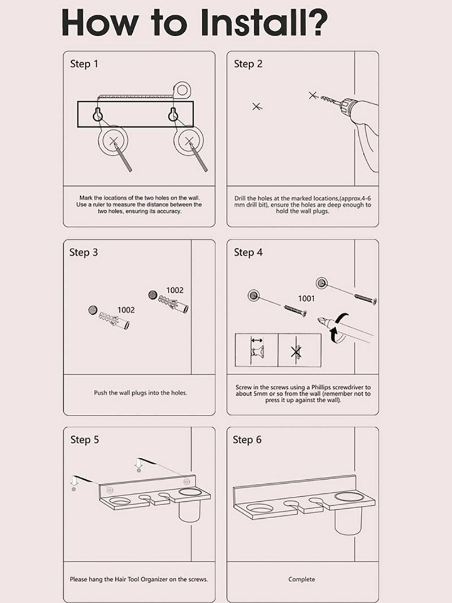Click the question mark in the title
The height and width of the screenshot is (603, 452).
(x=315, y=22)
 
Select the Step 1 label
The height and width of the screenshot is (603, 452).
(x=84, y=64)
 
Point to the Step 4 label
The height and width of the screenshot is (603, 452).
(x=248, y=252)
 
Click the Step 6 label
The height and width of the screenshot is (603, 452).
(x=247, y=440)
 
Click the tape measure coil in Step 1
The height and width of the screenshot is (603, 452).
(x=182, y=90)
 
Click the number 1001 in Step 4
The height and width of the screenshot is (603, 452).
(x=306, y=298)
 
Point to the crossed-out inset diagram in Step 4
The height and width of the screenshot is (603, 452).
(x=299, y=350)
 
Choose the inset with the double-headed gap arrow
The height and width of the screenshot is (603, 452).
(x=257, y=350)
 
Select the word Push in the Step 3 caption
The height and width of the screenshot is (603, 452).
(x=100, y=393)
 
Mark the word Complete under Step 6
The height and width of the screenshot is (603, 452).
(x=302, y=579)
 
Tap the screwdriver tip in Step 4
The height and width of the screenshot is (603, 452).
(x=320, y=320)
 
